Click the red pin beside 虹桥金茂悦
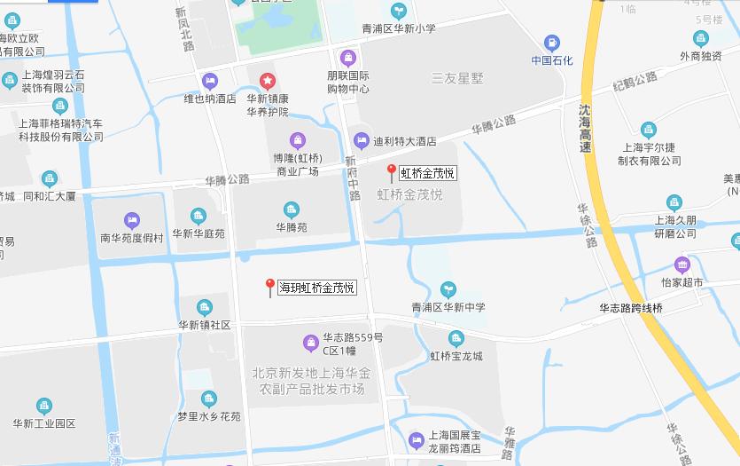point(391,172)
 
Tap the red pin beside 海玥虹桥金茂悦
point(270,287)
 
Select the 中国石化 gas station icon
point(552,42)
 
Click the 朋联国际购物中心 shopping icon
point(347,58)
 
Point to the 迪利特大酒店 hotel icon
point(361,140)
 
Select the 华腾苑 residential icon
point(291,209)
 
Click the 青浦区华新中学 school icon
point(448,289)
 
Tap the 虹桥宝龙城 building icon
point(456,338)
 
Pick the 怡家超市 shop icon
point(682,264)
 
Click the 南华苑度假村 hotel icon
point(132,219)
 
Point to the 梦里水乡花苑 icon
point(208,399)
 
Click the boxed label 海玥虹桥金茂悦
point(317,288)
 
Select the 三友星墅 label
point(457,78)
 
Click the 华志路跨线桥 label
point(630,308)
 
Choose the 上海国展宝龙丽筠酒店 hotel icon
point(416,438)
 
